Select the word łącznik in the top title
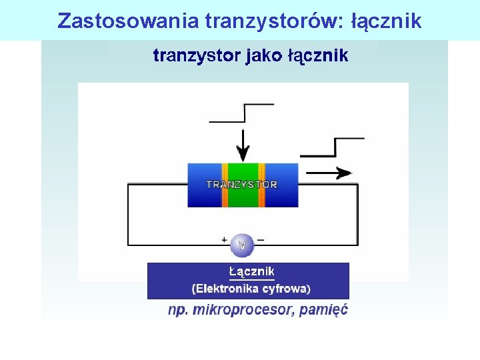pos(387,21)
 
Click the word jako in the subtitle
pos(265,55)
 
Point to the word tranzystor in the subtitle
pos(196,55)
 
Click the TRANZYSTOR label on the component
pos(242,185)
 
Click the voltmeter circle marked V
pos(242,245)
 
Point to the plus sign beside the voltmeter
pos(225,239)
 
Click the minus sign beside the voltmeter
pos(260,239)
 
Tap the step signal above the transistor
pos(241,113)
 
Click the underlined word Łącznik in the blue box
pos(251,272)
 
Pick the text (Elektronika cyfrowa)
pos(251,289)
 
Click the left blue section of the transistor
pos(204,185)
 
